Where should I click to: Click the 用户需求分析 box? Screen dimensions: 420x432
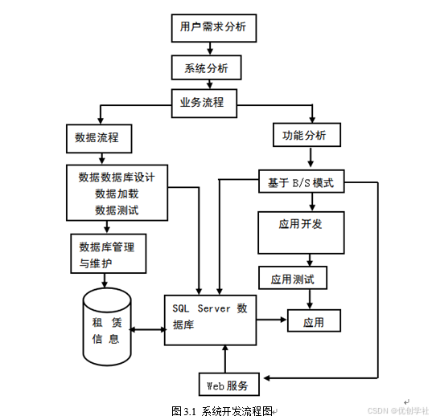214,28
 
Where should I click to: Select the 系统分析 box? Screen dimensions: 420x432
206,68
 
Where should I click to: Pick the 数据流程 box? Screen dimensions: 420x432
97,137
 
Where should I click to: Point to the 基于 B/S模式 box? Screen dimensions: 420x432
301,183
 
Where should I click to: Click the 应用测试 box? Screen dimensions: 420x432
292,279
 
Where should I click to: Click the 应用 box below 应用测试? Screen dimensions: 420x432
313,322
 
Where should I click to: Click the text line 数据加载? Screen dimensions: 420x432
117,194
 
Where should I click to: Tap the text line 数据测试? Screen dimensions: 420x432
117,210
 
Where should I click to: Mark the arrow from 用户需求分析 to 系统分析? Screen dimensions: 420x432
211,48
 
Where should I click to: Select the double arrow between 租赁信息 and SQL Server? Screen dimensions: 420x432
148,329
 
